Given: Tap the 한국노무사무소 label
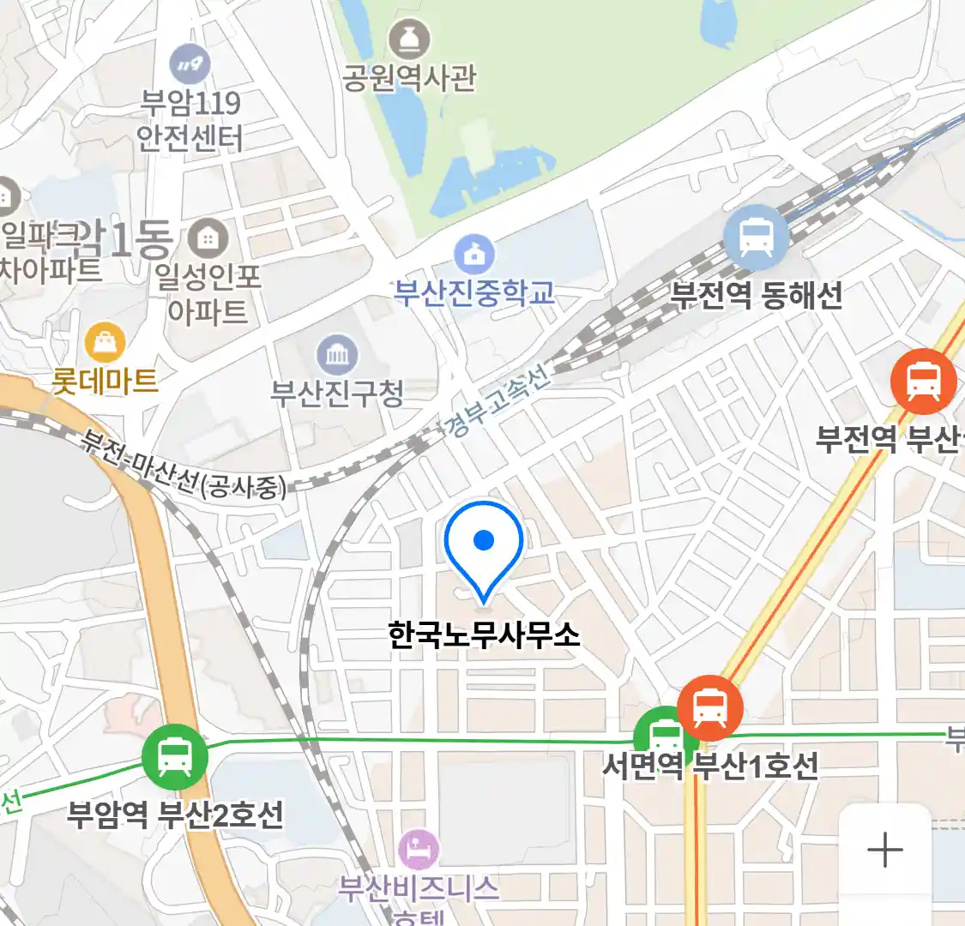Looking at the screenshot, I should tap(484, 635).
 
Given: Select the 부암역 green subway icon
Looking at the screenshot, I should tap(175, 757).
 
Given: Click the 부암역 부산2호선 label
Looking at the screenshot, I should tap(175, 814).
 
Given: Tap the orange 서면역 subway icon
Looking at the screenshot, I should tap(710, 708).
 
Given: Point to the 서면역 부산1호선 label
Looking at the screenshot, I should tap(710, 766).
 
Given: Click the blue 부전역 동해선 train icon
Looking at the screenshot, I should tap(755, 238).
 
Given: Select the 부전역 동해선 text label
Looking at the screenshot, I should tap(756, 296).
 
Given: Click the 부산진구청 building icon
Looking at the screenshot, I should tap(337, 354).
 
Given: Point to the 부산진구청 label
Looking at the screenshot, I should tap(337, 394).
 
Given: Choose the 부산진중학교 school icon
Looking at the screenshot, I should tap(474, 254).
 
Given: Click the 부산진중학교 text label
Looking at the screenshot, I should tap(474, 293).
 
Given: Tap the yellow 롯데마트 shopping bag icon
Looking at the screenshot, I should tap(105, 344).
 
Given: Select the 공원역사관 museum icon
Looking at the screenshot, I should tap(409, 39).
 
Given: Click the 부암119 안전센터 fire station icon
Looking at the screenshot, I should tap(190, 63).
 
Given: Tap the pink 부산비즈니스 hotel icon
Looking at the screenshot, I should tap(419, 850).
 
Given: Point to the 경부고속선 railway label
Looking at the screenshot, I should tap(498, 403).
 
